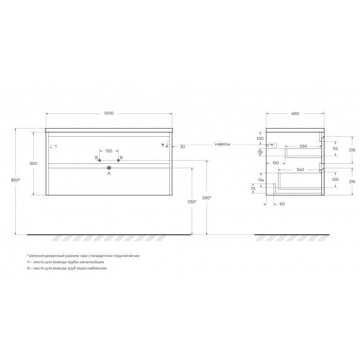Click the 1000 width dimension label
pyautogui.click(x=109, y=113)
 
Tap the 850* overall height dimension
pyautogui.click(x=15, y=180)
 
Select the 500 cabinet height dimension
pyautogui.click(x=33, y=163)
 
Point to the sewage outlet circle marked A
pyautogui.click(x=109, y=168)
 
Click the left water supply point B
pyautogui.click(x=99, y=161)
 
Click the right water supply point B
pyautogui.click(x=118, y=160)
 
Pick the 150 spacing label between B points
pyautogui.click(x=109, y=151)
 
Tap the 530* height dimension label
pyautogui.click(x=192, y=202)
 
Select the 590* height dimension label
pyautogui.click(x=207, y=198)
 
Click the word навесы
pyautogui.click(x=222, y=144)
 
